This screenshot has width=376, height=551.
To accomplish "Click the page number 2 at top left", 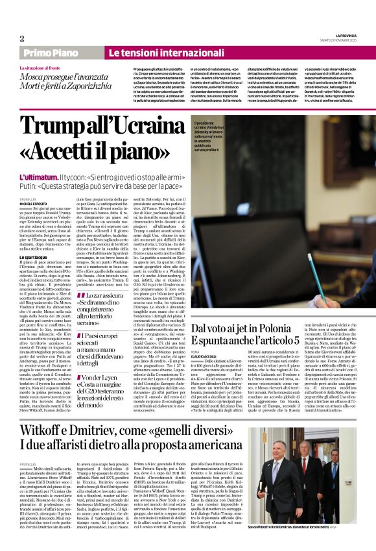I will point(22,38).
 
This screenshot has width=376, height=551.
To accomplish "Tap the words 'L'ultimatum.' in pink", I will point(38,177).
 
